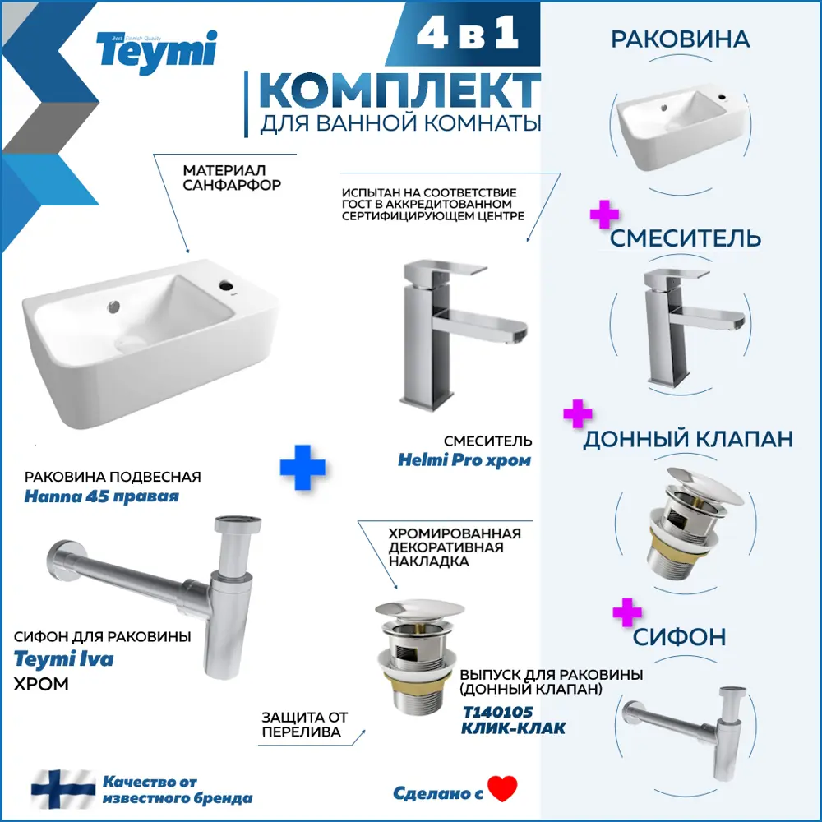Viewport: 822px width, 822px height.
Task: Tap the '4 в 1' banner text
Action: (465, 34)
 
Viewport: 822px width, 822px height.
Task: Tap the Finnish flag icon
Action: (63, 788)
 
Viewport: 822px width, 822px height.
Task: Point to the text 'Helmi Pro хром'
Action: (464, 460)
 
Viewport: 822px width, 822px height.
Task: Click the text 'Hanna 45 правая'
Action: (102, 497)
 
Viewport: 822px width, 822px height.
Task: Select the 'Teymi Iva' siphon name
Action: (64, 659)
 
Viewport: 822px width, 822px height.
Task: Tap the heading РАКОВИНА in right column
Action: (680, 39)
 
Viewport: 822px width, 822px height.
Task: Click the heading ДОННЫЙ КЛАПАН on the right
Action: (688, 439)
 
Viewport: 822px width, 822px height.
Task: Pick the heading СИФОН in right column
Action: (679, 636)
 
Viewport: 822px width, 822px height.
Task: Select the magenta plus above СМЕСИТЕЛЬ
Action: (604, 215)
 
